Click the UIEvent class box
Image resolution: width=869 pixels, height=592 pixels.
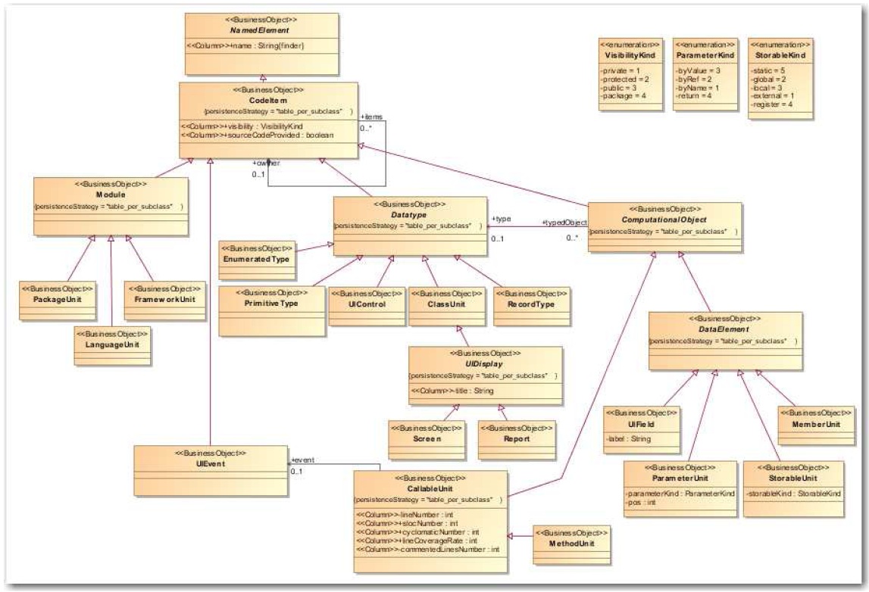(x=211, y=462)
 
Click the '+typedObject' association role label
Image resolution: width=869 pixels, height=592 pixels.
(x=563, y=222)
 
